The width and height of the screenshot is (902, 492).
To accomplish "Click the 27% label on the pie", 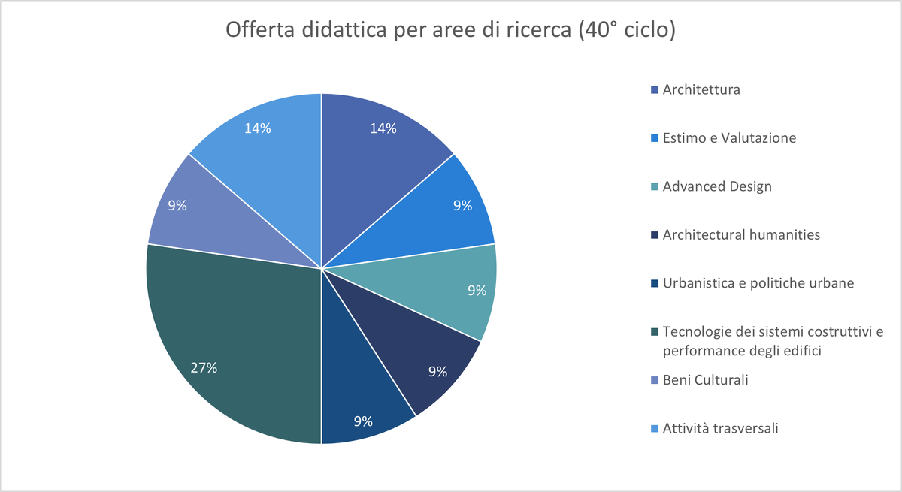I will click(x=204, y=367).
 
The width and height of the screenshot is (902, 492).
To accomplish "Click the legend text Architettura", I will click(x=701, y=89).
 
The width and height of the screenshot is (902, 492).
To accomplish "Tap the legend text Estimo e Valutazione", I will click(x=729, y=138).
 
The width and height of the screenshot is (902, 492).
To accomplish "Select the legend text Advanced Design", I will click(x=717, y=186).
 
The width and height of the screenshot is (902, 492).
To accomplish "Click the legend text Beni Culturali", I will click(x=705, y=380).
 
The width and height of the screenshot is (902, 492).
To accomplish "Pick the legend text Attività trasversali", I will click(x=720, y=428).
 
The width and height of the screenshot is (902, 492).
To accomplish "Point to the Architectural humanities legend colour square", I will click(x=655, y=235).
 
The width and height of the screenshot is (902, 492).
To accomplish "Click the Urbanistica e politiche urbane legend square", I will click(x=655, y=283).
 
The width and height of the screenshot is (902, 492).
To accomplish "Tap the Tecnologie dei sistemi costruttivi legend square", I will click(x=655, y=332).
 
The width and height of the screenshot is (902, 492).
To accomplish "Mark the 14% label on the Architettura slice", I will click(x=383, y=128).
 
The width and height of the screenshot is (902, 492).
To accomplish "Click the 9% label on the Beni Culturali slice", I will click(x=177, y=204).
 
